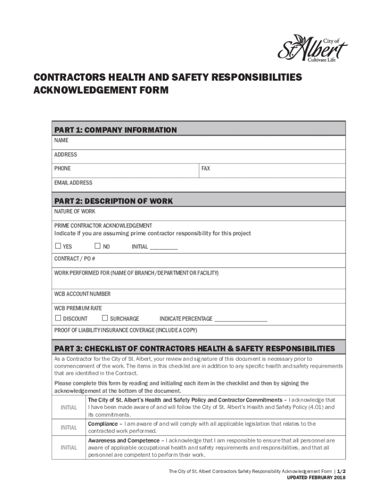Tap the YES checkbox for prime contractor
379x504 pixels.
pyautogui.click(x=58, y=246)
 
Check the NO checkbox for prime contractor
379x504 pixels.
pyautogui.click(x=97, y=246)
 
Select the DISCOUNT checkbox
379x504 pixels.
pyautogui.click(x=58, y=318)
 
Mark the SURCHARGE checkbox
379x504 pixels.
pyautogui.click(x=105, y=318)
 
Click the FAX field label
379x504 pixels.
pyautogui.click(x=206, y=168)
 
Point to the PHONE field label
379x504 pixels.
pyautogui.click(x=63, y=168)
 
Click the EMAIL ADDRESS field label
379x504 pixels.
pyautogui.click(x=73, y=183)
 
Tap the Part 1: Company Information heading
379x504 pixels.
pyautogui.click(x=115, y=130)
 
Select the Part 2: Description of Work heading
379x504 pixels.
pyautogui.click(x=113, y=201)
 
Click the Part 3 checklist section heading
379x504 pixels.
pyautogui.click(x=194, y=348)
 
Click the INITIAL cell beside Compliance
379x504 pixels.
pyautogui.click(x=69, y=428)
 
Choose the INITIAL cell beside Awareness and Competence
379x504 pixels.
pyautogui.click(x=69, y=448)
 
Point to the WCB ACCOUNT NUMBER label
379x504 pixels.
pyautogui.click(x=82, y=294)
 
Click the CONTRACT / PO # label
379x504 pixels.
pyautogui.click(x=75, y=258)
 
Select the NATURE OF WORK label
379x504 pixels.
pyautogui.click(x=75, y=212)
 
